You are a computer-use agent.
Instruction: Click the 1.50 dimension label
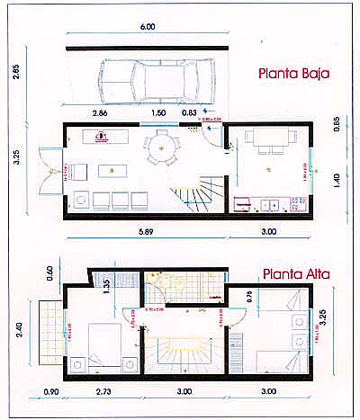click(x=157, y=113)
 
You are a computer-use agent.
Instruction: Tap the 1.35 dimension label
click(x=105, y=286)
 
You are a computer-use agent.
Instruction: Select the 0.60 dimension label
click(x=49, y=272)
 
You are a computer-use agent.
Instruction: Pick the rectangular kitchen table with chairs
click(x=271, y=140)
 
